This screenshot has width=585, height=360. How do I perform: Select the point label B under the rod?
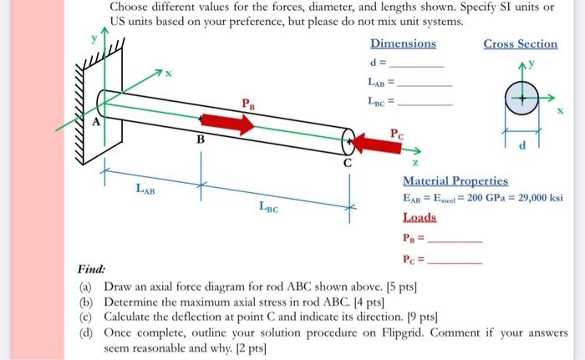coord(200,139)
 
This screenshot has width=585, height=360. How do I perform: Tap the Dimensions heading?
coord(403,43)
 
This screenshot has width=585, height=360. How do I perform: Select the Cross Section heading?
coord(520,43)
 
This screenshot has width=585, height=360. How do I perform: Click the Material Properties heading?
coord(455,181)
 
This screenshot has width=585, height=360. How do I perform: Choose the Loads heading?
coord(420,216)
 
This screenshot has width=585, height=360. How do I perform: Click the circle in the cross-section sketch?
coord(521,99)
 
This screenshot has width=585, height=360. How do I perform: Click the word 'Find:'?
coord(91,270)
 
